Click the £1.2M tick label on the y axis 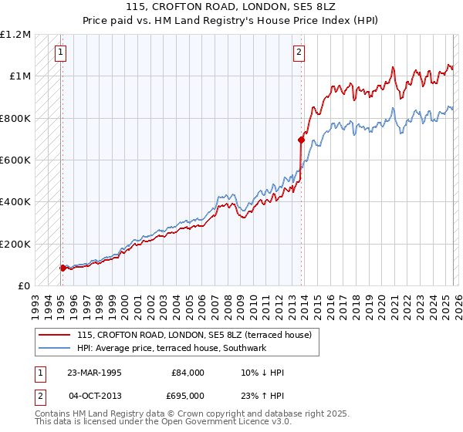[15, 35]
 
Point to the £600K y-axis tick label [15, 160]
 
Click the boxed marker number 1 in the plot [60, 52]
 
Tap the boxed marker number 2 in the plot [299, 52]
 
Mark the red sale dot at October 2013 [301, 140]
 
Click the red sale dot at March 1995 [63, 268]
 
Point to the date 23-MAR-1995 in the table [94, 373]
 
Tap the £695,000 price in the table [188, 395]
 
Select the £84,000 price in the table [188, 373]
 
